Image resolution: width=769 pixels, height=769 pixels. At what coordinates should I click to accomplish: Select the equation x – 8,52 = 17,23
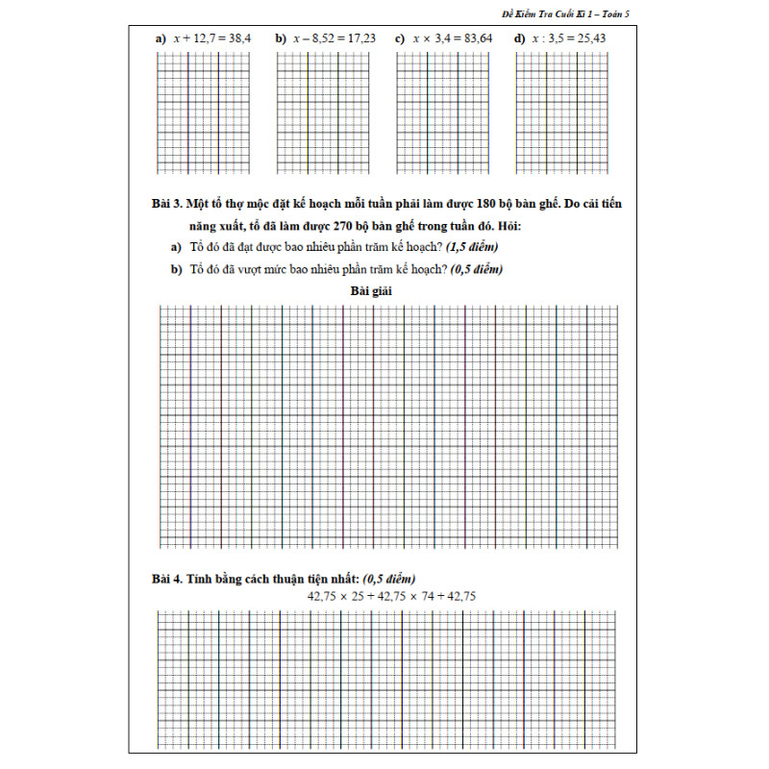coord(335,38)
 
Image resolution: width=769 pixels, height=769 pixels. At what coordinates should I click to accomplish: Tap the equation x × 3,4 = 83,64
coord(453,38)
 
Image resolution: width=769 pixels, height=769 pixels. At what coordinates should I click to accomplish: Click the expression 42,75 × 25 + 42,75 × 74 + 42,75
coord(391,597)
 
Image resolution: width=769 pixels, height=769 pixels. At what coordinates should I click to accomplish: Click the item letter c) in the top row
coord(399,38)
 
